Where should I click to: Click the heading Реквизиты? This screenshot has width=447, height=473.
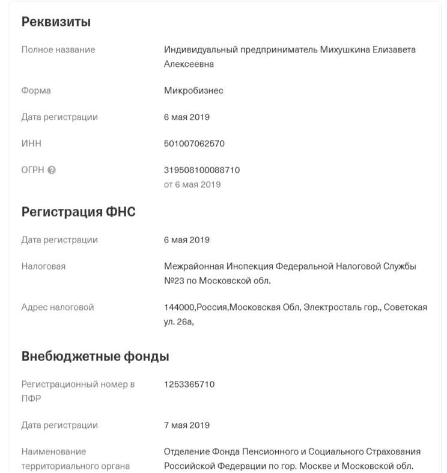tap(56, 22)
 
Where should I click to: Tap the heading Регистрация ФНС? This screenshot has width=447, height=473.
tap(79, 212)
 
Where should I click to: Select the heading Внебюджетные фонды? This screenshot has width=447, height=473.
tap(95, 356)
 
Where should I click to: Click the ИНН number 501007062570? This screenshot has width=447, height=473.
tap(194, 144)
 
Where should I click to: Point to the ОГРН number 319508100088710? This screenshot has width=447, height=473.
tap(202, 170)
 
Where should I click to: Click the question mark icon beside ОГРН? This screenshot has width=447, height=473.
tap(52, 170)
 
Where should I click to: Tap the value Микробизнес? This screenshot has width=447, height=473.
tap(193, 91)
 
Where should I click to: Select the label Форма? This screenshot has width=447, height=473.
tap(36, 91)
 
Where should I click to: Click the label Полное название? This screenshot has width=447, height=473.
tap(58, 50)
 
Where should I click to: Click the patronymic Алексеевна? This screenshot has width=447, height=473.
tap(189, 64)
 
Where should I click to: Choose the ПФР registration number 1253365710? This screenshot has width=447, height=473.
tap(189, 385)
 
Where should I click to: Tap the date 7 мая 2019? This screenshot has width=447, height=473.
tap(187, 425)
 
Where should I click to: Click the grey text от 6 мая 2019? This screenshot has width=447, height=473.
tap(192, 185)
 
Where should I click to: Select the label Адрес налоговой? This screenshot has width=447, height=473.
tap(58, 308)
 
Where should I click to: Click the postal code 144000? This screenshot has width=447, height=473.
tap(179, 308)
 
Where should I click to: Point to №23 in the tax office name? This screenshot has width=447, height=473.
tap(174, 280)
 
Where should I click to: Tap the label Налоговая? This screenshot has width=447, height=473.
tap(43, 267)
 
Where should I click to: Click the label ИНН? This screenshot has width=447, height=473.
tap(31, 144)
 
